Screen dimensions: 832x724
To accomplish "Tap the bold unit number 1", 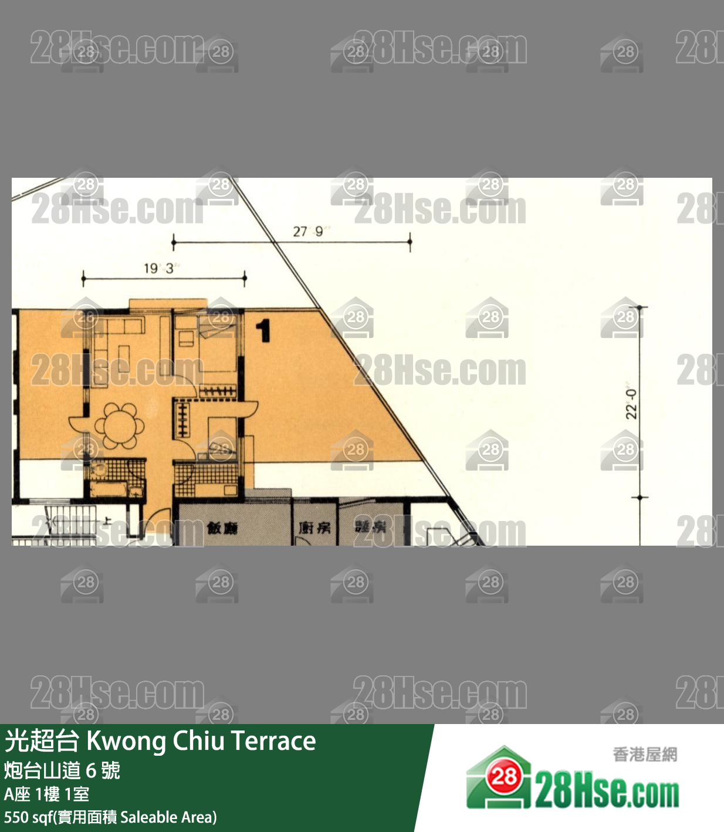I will [x=264, y=330].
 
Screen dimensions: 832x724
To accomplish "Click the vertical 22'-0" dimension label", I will [x=631, y=404].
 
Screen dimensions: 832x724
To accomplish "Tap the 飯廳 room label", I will [x=222, y=528].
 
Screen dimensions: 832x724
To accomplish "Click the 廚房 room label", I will [x=314, y=528].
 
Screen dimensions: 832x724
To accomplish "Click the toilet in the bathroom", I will [x=99, y=469].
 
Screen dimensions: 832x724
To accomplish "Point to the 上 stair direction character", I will [x=107, y=520].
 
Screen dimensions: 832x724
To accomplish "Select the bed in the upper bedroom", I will [x=218, y=349].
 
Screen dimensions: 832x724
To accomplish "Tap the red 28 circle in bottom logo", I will [x=503, y=777].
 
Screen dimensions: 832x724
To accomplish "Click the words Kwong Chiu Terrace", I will [x=201, y=741].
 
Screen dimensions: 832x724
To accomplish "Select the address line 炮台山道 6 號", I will [x=62, y=770].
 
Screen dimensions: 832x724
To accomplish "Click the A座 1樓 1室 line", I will [x=47, y=794].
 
